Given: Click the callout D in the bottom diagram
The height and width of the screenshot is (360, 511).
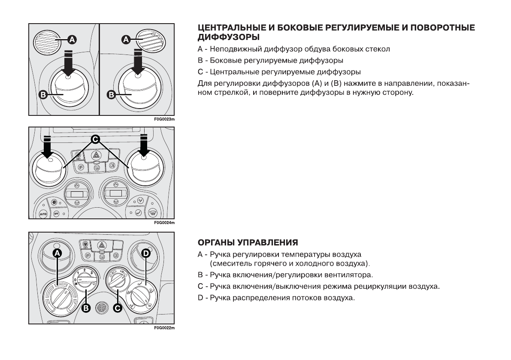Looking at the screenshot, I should click(x=146, y=254).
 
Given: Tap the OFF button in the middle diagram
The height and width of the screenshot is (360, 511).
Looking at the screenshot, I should click(x=56, y=213).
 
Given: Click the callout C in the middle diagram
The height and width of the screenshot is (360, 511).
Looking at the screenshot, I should click(x=95, y=139).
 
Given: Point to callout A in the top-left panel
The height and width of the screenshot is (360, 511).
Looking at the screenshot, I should click(x=72, y=39).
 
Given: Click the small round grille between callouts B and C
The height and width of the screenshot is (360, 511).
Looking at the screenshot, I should click(x=102, y=307).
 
